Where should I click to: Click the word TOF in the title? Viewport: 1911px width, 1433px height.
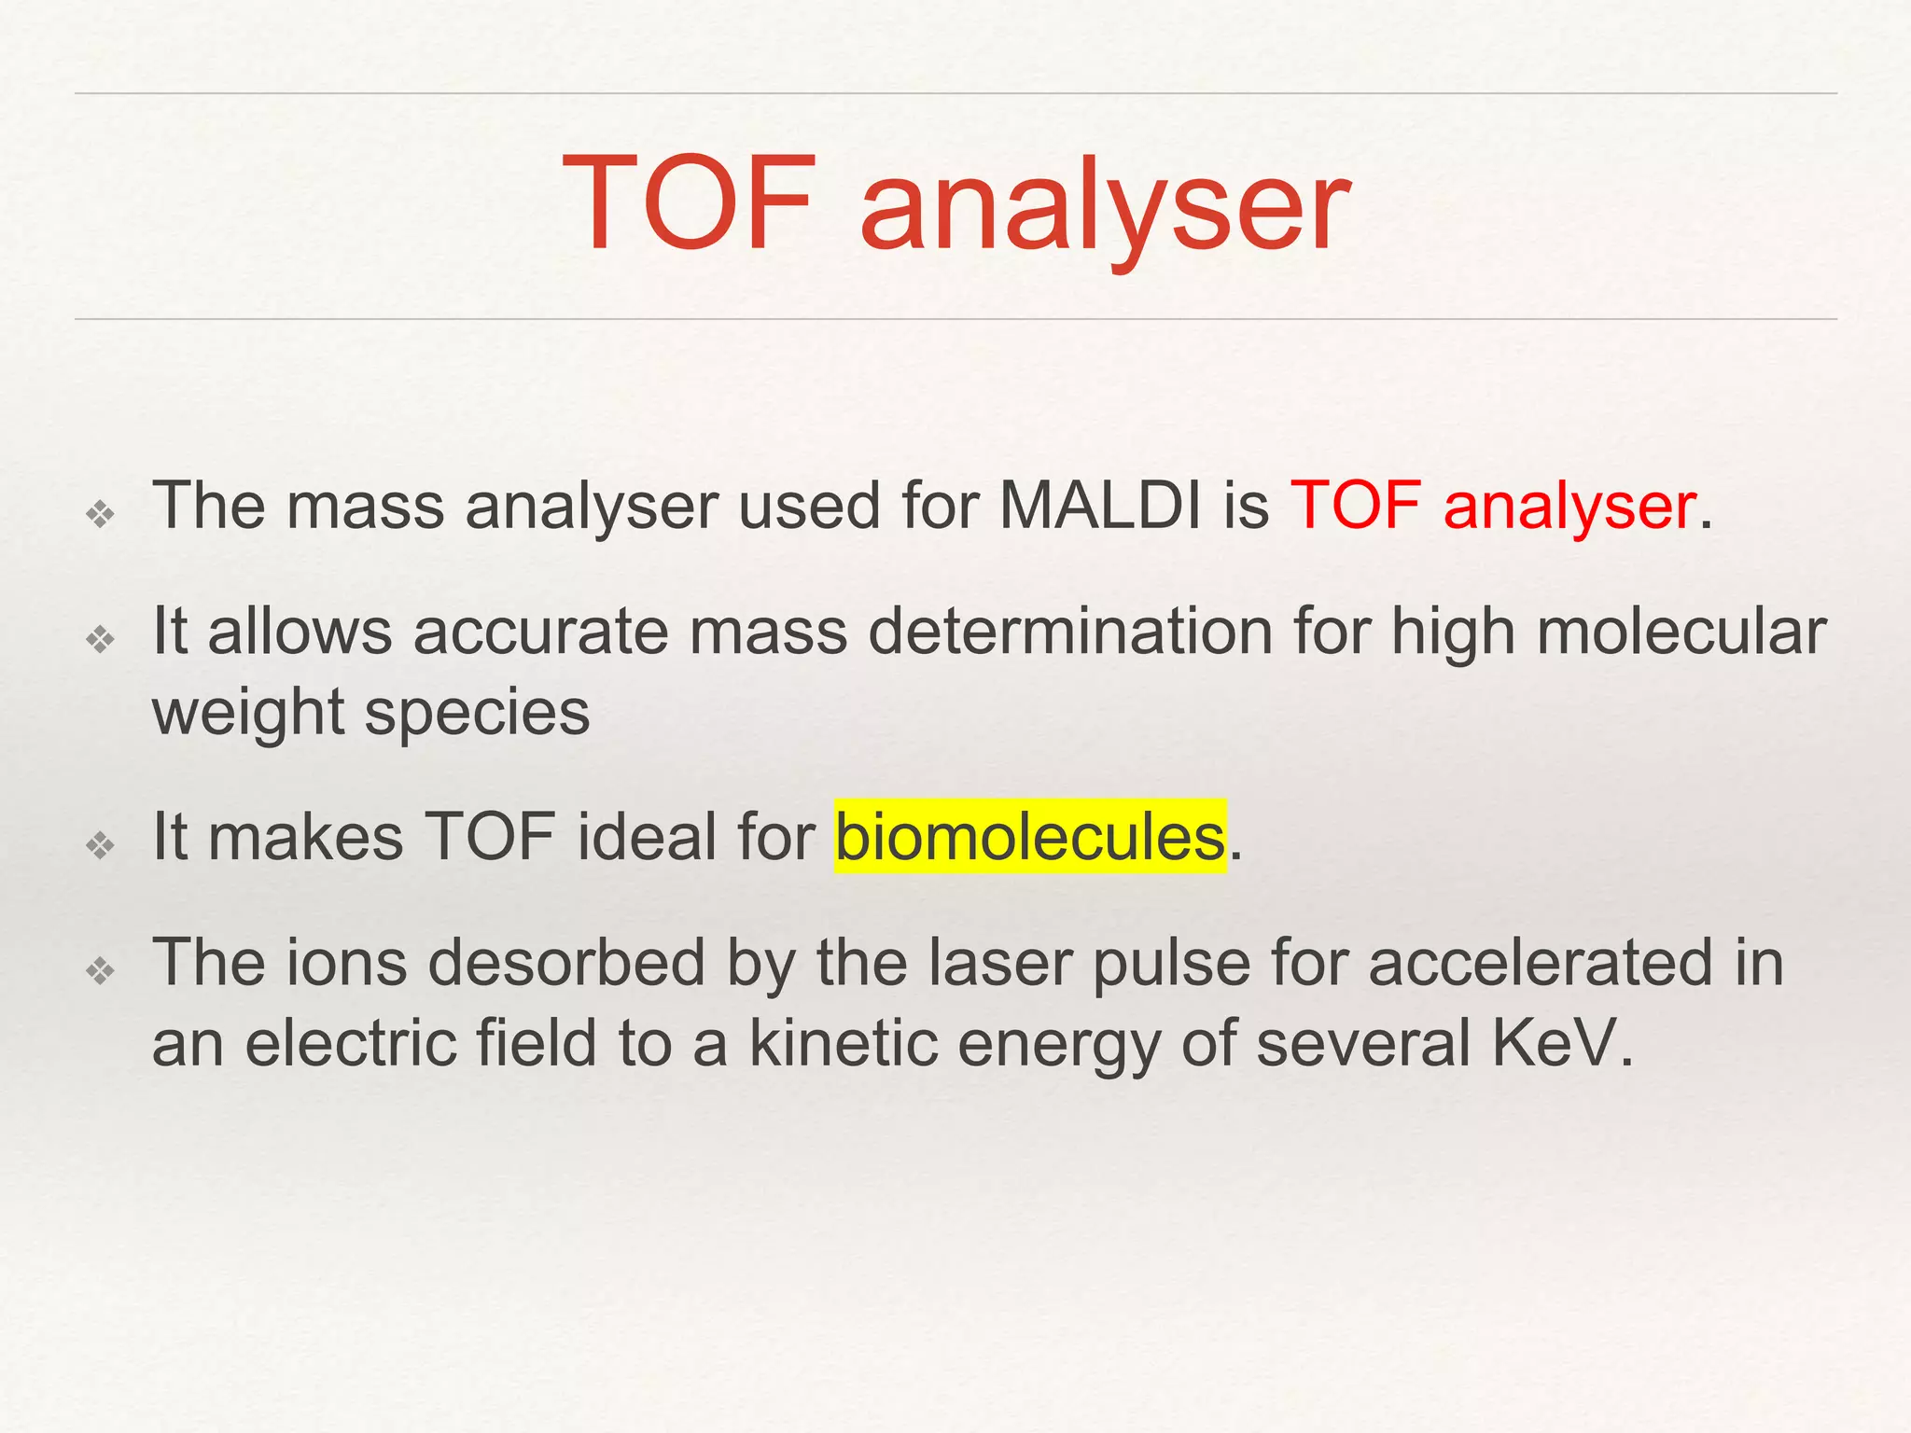(x=690, y=203)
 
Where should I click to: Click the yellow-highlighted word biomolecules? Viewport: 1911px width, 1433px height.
(x=1029, y=837)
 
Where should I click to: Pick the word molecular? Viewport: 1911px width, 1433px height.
(x=1681, y=632)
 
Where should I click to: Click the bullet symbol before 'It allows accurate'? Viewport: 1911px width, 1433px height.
(x=100, y=640)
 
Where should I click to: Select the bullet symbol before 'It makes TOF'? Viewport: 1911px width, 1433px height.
(x=100, y=845)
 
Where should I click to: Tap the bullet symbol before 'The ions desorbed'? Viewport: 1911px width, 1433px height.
(x=100, y=971)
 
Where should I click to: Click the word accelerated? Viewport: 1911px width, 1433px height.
(x=1541, y=963)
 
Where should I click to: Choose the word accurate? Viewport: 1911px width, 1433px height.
(x=541, y=632)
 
